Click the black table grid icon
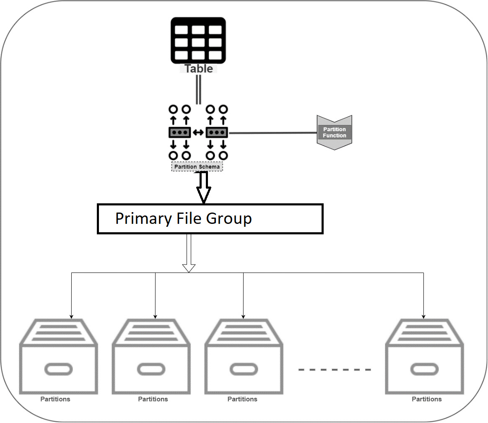point(198,40)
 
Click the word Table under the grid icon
point(199,69)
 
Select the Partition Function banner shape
point(334,132)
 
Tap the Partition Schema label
point(197,167)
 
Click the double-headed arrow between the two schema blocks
point(198,132)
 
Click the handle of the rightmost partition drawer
point(424,369)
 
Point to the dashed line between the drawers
point(335,369)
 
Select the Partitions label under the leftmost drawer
point(55,399)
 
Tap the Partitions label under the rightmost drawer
point(427,399)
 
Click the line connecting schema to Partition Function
point(273,133)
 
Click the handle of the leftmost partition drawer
point(59,369)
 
